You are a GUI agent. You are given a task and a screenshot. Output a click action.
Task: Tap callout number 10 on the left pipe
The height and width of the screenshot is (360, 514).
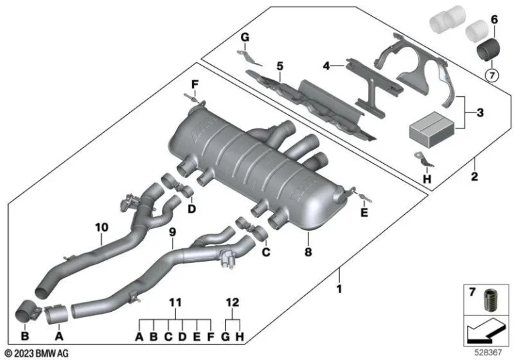[101, 228]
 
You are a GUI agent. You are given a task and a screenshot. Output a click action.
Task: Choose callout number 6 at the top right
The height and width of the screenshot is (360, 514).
[494, 21]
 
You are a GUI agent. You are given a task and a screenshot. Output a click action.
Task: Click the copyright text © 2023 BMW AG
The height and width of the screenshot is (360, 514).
[36, 353]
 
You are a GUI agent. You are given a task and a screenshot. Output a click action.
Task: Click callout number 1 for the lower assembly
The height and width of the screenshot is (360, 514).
[339, 290]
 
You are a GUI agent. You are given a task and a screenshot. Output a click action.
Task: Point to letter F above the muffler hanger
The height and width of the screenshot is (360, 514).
[195, 84]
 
